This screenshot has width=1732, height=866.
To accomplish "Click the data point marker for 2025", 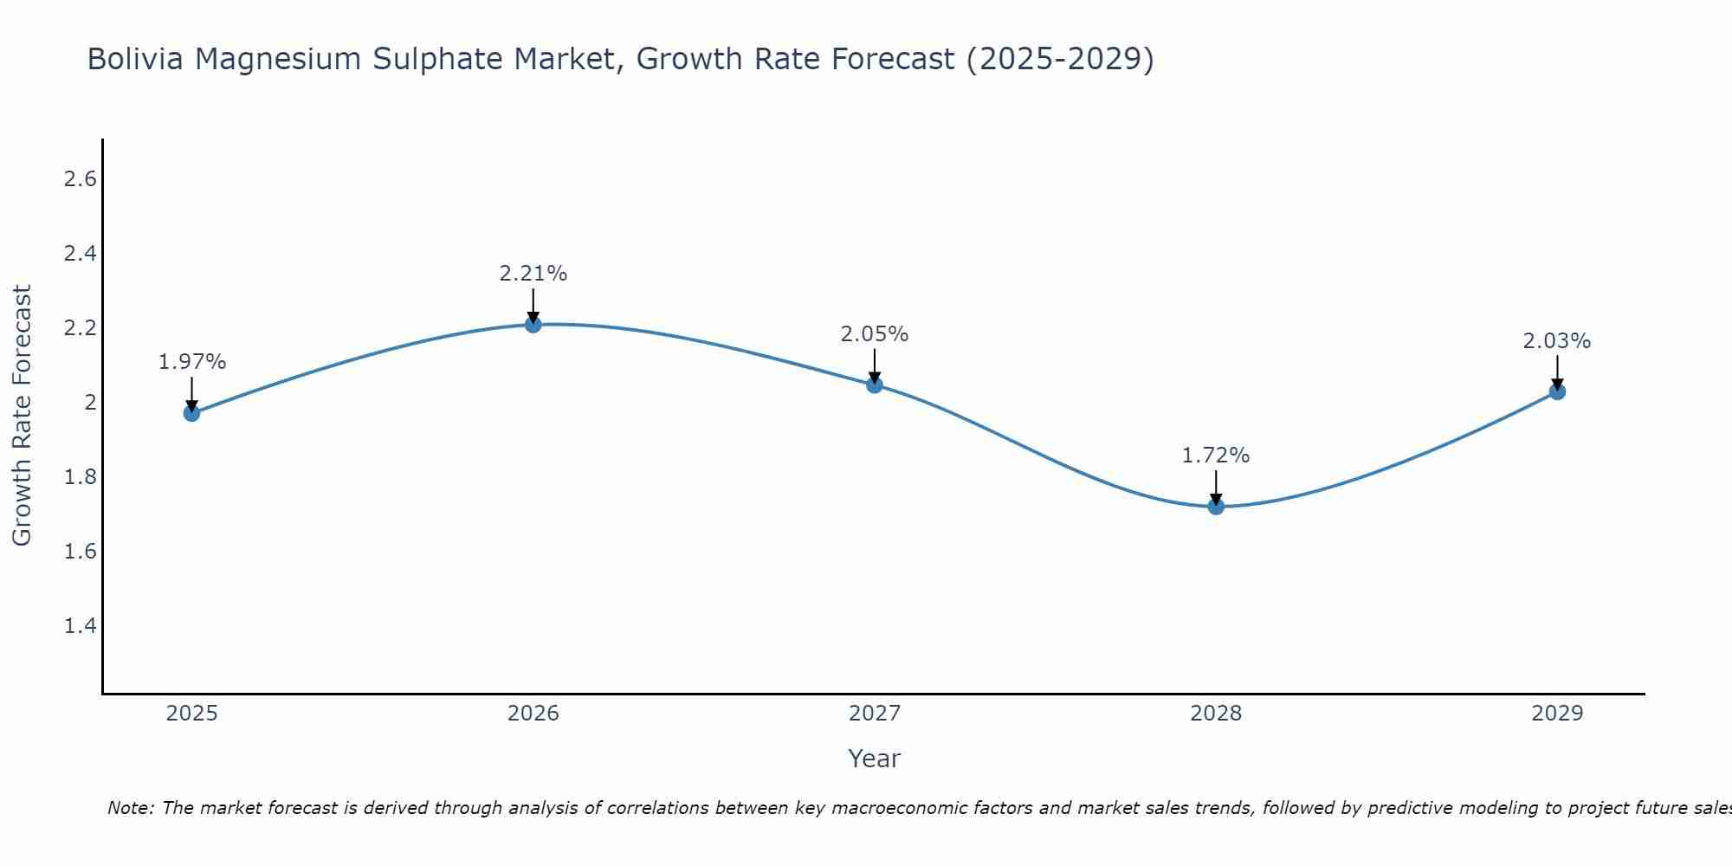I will [x=191, y=413].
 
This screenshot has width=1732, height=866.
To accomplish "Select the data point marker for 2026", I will [x=533, y=324].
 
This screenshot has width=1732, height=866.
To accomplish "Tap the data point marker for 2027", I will [x=875, y=385].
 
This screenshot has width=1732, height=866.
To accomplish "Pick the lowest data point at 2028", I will [x=1216, y=507].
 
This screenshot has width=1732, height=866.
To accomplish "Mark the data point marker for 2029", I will [x=1557, y=391].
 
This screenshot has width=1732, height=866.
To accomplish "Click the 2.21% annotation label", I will [x=533, y=274].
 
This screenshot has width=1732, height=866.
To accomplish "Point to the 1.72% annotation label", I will [x=1216, y=456].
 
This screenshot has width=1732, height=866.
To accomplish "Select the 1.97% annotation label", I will [x=192, y=362].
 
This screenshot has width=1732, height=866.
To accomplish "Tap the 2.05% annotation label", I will [x=875, y=334].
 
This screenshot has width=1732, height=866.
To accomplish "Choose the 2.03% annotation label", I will [x=1557, y=341].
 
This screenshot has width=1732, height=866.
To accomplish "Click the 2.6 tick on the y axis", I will [x=80, y=179].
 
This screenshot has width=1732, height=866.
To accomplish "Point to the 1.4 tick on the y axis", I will [x=80, y=625].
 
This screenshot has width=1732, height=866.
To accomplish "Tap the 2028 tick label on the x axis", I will [x=1216, y=714].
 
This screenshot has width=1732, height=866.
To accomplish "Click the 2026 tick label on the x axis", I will [x=533, y=714].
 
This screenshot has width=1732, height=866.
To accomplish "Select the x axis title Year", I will [x=875, y=759].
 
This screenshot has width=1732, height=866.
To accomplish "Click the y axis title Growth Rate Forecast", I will [x=22, y=416].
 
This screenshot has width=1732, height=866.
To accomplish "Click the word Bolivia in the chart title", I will [x=135, y=59].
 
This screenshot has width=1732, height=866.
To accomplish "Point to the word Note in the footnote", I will [x=130, y=808].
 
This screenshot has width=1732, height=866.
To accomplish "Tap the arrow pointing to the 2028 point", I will [x=1216, y=488].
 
